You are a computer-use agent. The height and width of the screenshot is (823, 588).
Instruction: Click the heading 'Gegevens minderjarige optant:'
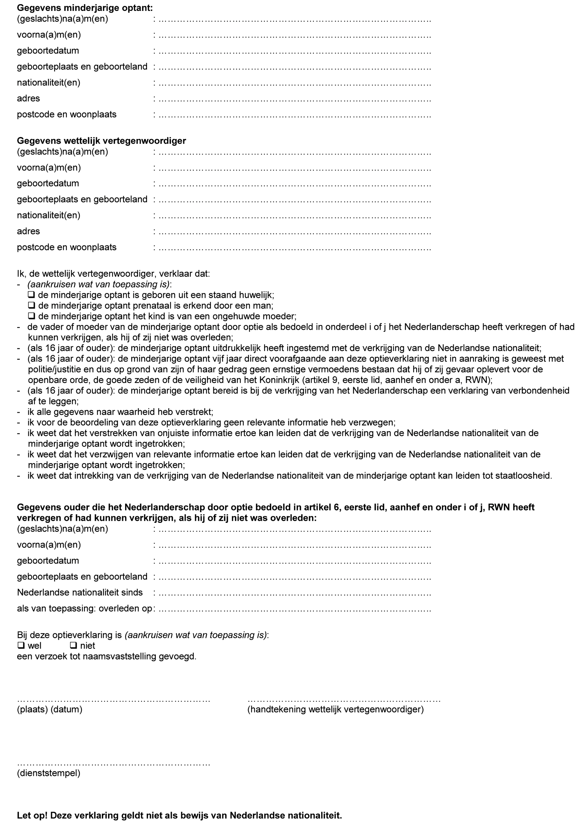(x=85, y=8)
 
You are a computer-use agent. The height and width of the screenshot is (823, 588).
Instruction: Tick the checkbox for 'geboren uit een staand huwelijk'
(x=32, y=295)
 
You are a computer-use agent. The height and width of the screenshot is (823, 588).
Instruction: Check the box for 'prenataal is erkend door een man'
(x=32, y=306)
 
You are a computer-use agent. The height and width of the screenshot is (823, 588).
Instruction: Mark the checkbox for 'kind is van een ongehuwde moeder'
(x=32, y=316)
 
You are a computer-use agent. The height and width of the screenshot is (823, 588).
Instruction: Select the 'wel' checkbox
(x=21, y=645)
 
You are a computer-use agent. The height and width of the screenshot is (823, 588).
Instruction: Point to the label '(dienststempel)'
(x=48, y=774)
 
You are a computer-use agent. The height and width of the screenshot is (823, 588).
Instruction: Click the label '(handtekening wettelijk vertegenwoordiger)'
(x=335, y=709)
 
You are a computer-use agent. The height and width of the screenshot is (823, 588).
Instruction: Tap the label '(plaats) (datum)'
(x=49, y=709)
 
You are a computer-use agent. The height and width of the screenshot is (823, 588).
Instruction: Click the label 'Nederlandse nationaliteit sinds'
(x=80, y=592)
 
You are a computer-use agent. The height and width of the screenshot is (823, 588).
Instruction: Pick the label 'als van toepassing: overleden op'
(x=84, y=608)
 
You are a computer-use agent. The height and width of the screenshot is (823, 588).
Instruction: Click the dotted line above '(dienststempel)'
(x=114, y=764)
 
